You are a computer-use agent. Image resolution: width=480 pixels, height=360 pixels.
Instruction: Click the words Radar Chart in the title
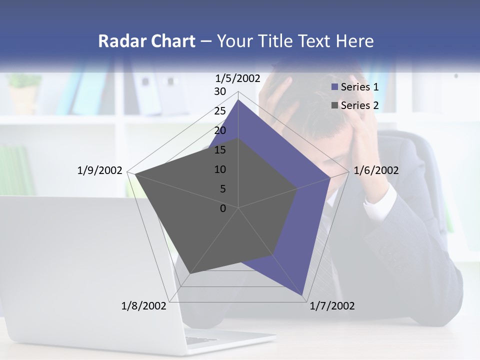click(146, 41)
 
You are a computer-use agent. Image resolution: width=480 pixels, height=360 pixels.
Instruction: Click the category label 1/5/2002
click(238, 78)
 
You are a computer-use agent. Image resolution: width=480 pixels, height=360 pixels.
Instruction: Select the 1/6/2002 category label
click(376, 170)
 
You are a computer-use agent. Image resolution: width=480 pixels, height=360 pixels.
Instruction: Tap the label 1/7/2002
click(332, 306)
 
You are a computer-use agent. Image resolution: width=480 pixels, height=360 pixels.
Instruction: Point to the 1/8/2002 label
click(144, 306)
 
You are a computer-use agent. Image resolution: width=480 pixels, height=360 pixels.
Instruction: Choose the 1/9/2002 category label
click(100, 170)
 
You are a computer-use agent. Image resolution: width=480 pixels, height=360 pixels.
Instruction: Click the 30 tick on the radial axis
click(220, 92)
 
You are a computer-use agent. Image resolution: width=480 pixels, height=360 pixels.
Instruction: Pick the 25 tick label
click(220, 111)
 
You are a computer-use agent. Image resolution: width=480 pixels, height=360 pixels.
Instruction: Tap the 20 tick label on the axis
click(220, 131)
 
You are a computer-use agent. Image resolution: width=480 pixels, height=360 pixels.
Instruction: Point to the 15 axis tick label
click(220, 150)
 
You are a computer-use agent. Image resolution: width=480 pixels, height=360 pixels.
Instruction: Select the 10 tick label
click(220, 170)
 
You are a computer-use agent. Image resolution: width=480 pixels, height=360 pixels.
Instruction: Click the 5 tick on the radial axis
click(222, 189)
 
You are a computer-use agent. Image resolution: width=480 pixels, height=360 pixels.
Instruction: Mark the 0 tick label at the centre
click(223, 208)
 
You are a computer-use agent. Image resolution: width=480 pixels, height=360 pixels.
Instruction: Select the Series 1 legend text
click(359, 87)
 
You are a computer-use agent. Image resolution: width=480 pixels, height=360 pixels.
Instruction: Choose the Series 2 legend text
click(359, 105)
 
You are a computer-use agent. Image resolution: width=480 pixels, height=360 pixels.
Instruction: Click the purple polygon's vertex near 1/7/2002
click(302, 295)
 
